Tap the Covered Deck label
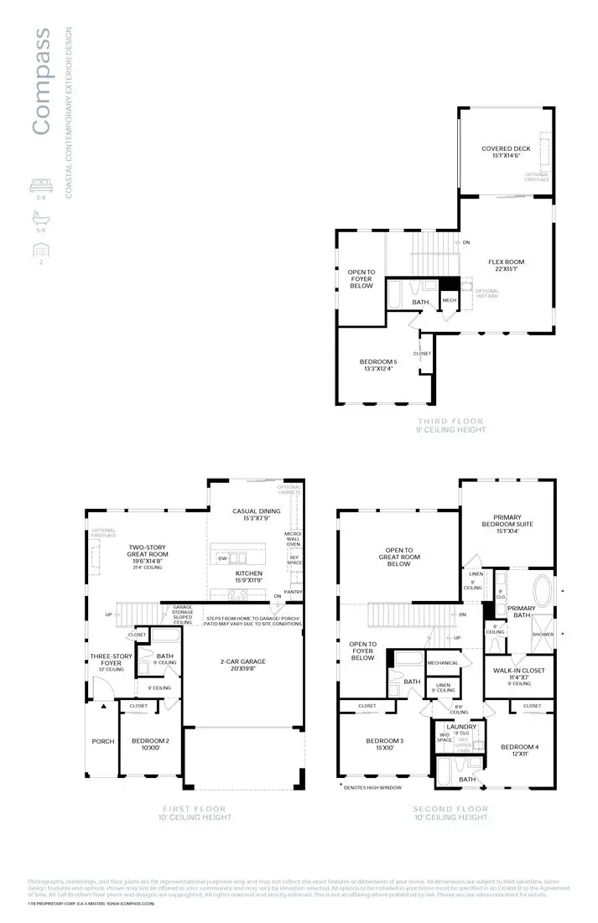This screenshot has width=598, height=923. coord(506,152)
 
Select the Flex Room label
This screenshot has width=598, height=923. coord(506,264)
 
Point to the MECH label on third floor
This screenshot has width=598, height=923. coord(450,299)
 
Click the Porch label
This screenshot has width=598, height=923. coord(102,742)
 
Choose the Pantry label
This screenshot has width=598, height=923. coord(293,593)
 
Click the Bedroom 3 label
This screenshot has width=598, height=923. coord(385,744)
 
